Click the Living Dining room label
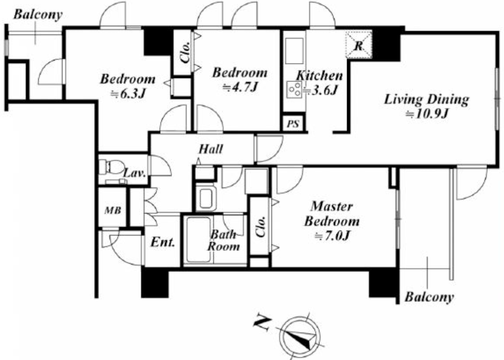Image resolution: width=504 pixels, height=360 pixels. click(426, 99)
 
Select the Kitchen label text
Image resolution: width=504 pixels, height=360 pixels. click(319, 76)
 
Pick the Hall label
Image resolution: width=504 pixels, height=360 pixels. click(211, 149)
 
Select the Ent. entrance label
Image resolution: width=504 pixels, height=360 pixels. click(162, 241)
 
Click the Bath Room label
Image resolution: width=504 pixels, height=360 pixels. click(224, 241)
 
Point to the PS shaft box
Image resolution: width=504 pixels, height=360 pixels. click(292, 124)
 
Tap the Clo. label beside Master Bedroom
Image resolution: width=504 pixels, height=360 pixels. click(260, 226)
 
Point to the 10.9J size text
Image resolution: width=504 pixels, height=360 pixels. click(426, 114)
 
